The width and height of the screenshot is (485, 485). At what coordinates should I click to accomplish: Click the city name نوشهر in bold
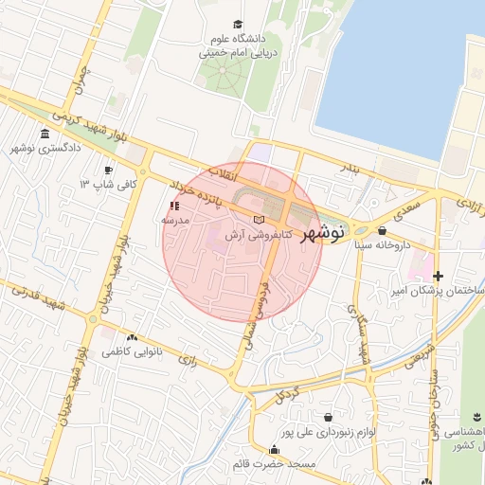tap(324, 232)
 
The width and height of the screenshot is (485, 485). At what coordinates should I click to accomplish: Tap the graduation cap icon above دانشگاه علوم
tap(237, 25)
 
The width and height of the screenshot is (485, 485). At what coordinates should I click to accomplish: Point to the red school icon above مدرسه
tap(173, 205)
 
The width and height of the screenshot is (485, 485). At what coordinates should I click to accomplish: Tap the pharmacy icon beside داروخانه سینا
tap(382, 230)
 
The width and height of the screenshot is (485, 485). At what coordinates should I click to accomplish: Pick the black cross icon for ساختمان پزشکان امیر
tap(438, 276)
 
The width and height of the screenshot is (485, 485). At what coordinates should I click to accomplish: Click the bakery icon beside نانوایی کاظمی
tap(131, 337)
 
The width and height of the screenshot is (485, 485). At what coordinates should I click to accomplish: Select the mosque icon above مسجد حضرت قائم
tap(248, 450)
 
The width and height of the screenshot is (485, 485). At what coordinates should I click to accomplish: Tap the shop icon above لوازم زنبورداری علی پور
tap(328, 417)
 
